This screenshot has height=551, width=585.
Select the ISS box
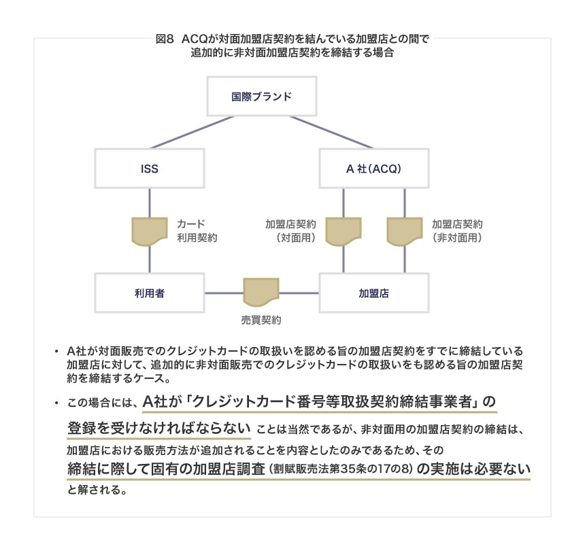click(149, 167)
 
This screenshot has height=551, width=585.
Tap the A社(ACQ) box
click(373, 167)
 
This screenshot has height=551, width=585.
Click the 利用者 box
click(149, 293)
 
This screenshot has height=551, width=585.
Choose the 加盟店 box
click(373, 293)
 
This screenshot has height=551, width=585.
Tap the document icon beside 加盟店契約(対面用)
click(343, 231)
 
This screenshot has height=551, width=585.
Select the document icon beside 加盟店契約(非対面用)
click(405, 231)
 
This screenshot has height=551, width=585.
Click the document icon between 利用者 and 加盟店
click(261, 293)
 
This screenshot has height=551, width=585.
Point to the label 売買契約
click(261, 319)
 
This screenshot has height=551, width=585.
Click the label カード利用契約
click(197, 231)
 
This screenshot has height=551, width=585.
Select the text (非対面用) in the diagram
click(456, 238)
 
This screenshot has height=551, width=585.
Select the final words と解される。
click(97, 490)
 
